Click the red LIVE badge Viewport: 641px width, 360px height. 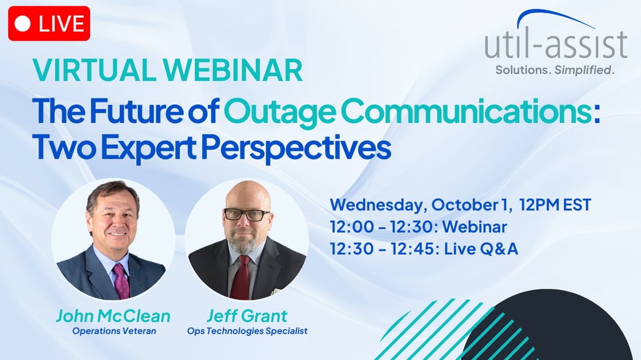(49, 24)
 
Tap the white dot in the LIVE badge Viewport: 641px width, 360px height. (23, 24)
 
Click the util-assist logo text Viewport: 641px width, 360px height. (555, 45)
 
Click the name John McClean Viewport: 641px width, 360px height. (113, 316)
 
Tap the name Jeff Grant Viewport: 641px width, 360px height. (247, 316)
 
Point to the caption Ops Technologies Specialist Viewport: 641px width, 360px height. (247, 331)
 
